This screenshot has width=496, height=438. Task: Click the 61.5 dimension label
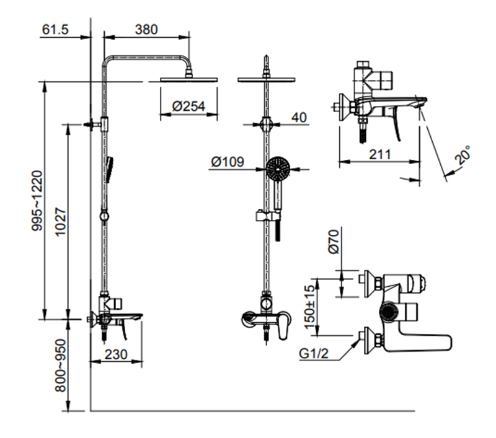click(55, 29)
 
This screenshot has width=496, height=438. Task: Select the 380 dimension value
click(146, 29)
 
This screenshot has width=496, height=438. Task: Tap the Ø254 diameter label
click(188, 107)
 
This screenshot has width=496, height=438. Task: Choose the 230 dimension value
click(117, 354)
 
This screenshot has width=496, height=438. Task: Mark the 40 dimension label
click(299, 118)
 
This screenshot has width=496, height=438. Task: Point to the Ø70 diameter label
click(333, 242)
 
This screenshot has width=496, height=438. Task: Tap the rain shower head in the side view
click(190, 79)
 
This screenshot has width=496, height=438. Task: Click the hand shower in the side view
click(110, 168)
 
